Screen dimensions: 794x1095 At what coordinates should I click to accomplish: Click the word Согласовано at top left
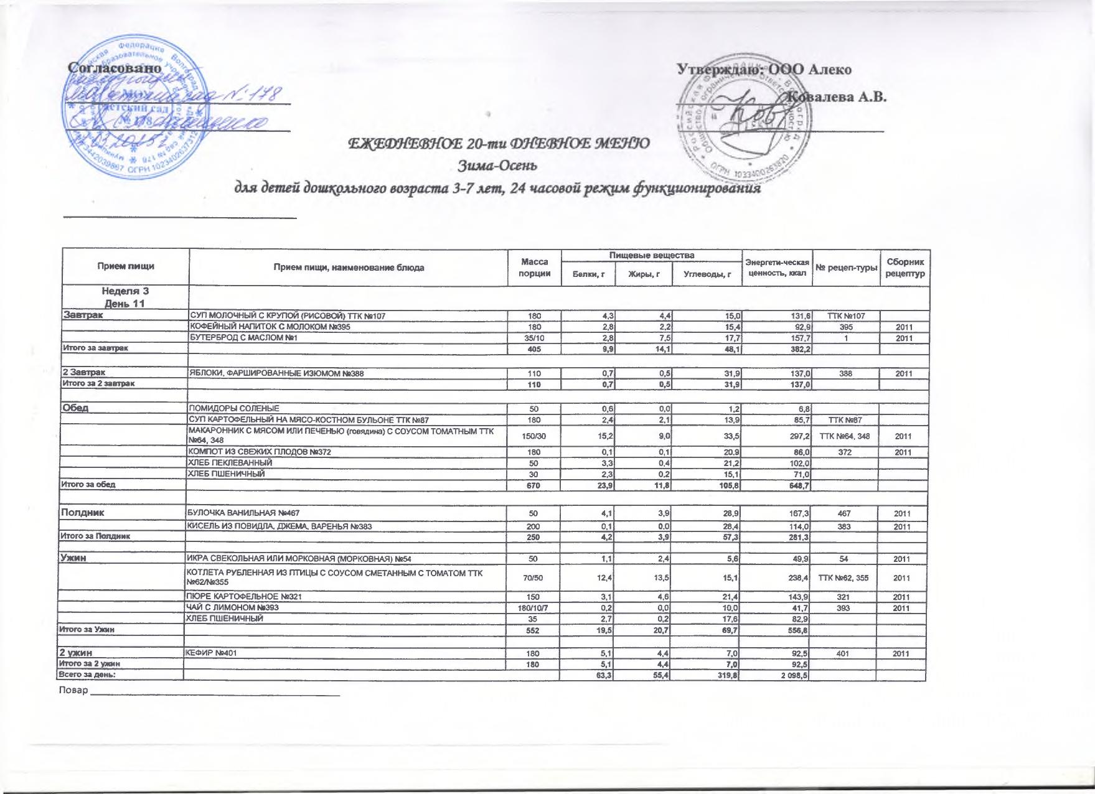point(115,67)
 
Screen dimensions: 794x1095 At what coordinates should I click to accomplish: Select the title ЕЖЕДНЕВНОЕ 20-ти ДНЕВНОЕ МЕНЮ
point(499,144)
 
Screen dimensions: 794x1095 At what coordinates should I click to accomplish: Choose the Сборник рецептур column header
point(904,268)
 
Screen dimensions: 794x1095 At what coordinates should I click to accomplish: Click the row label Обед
point(74,408)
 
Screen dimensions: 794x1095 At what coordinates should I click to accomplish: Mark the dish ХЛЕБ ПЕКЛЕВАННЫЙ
point(230,463)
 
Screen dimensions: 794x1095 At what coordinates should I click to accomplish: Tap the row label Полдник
point(81,513)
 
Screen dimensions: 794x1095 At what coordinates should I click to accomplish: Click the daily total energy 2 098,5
point(792,676)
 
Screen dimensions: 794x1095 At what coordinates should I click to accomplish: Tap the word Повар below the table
point(73,691)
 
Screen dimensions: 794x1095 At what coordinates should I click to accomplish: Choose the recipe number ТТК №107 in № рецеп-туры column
point(845,316)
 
